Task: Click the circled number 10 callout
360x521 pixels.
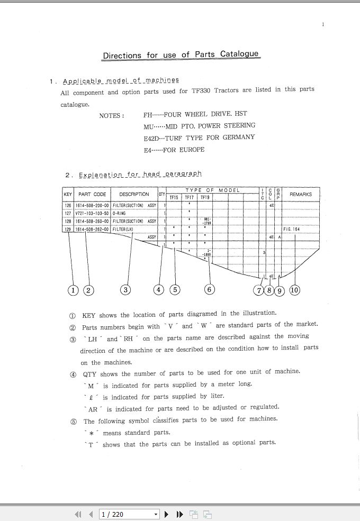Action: click(x=294, y=289)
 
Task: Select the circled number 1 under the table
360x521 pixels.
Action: click(x=73, y=289)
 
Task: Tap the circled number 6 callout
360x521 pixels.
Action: click(x=210, y=289)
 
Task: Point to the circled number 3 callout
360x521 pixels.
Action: click(x=125, y=289)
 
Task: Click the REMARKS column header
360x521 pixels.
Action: click(x=301, y=194)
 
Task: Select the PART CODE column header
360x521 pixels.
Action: click(x=92, y=194)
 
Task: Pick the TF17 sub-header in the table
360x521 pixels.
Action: click(x=190, y=197)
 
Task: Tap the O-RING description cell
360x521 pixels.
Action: click(x=120, y=213)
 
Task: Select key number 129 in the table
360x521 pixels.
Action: click(x=68, y=229)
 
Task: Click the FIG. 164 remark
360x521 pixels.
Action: click(x=292, y=229)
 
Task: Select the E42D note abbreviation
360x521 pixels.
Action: click(x=151, y=138)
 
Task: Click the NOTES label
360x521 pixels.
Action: click(x=111, y=115)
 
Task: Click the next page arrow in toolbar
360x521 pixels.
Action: click(x=167, y=514)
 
